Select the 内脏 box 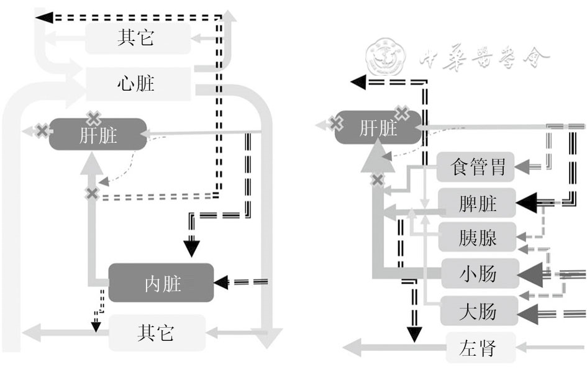(x=161, y=283)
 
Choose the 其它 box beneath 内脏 (x=157, y=333)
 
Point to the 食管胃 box (x=478, y=166)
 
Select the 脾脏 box (x=478, y=202)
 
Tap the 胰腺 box (x=478, y=237)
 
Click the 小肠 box (x=479, y=273)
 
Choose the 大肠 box (x=479, y=310)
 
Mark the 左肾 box (x=480, y=347)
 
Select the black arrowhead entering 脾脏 (x=526, y=202)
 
